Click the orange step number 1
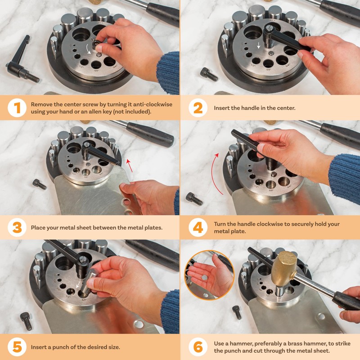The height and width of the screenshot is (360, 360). tap(17, 108)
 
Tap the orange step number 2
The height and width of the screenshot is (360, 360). tap(198, 108)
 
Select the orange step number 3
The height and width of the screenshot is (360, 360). tap(17, 228)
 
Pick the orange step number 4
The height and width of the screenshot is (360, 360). tap(198, 228)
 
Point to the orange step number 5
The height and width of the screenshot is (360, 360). tap(17, 347)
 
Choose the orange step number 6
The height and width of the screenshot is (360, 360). tap(198, 347)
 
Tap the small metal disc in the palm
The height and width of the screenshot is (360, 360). tap(204, 278)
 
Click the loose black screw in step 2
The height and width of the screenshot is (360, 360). tap(209, 74)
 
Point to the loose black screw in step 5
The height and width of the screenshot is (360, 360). tap(26, 321)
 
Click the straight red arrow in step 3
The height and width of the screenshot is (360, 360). tap(130, 165)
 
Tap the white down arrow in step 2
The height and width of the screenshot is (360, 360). tap(259, 45)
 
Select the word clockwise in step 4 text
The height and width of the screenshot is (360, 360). tap(267, 224)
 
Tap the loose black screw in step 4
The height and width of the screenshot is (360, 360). tap(194, 199)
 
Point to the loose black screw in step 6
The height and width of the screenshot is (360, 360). tap(237, 312)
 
